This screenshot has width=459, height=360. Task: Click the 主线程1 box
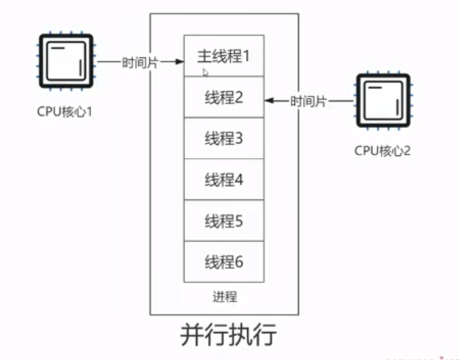pyautogui.click(x=223, y=56)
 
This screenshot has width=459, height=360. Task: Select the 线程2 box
pyautogui.click(x=223, y=97)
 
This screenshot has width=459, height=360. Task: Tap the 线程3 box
pyautogui.click(x=223, y=139)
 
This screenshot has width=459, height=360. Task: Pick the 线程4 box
pyautogui.click(x=223, y=180)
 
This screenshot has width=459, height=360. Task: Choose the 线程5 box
pyautogui.click(x=223, y=220)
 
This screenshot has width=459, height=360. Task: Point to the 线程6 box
pyautogui.click(x=223, y=261)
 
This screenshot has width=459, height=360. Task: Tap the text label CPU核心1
pyautogui.click(x=64, y=110)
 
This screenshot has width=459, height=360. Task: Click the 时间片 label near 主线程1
pyautogui.click(x=140, y=62)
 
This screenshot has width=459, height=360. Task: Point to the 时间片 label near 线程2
pyautogui.click(x=308, y=101)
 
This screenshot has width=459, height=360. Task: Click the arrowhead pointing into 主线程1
pyautogui.click(x=179, y=62)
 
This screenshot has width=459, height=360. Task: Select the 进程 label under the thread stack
pyautogui.click(x=224, y=297)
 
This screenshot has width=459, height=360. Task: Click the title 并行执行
pyautogui.click(x=228, y=335)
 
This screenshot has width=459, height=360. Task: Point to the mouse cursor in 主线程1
pyautogui.click(x=204, y=71)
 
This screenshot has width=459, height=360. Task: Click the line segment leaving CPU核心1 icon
pyautogui.click(x=108, y=62)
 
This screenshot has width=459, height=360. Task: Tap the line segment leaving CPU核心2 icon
pyautogui.click(x=343, y=101)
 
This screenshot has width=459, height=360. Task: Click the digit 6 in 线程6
pyautogui.click(x=238, y=261)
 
